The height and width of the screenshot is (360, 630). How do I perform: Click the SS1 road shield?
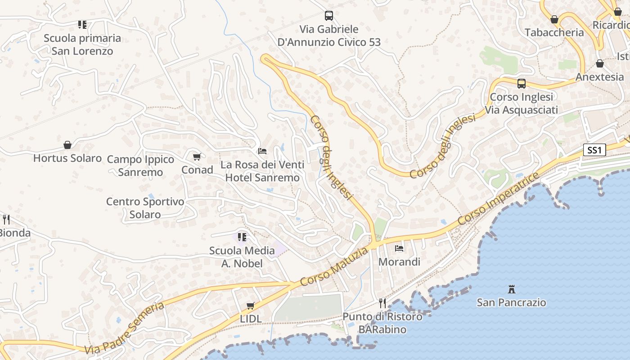pyautogui.click(x=594, y=150)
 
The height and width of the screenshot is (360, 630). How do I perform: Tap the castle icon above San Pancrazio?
pyautogui.click(x=511, y=289)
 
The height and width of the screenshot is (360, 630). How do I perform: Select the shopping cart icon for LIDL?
pyautogui.click(x=251, y=306)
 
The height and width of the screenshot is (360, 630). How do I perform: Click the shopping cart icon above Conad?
pyautogui.click(x=197, y=157)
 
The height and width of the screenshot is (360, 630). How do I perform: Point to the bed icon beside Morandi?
pyautogui.click(x=399, y=248)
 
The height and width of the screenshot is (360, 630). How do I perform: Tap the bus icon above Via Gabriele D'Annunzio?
pyautogui.click(x=329, y=16)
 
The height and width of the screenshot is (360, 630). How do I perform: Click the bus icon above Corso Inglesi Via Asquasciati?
pyautogui.click(x=521, y=84)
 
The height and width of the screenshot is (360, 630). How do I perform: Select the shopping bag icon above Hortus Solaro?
pyautogui.click(x=67, y=145)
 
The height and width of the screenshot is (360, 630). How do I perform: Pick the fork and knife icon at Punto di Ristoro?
pyautogui.click(x=382, y=303)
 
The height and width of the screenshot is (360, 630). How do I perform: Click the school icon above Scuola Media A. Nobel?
pyautogui.click(x=242, y=237)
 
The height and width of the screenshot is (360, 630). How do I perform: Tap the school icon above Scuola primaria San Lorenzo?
pyautogui.click(x=82, y=24)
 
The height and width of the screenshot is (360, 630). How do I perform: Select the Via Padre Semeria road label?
pyautogui.click(x=124, y=328)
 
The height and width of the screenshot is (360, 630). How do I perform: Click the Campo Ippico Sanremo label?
pyautogui.click(x=140, y=166)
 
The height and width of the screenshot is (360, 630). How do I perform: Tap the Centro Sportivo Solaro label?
pyautogui.click(x=145, y=208)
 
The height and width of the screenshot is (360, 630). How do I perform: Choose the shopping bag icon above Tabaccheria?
pyautogui.click(x=554, y=19)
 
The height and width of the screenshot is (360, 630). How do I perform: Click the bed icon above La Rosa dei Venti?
pyautogui.click(x=262, y=151)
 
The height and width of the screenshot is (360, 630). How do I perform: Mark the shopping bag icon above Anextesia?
pyautogui.click(x=599, y=64)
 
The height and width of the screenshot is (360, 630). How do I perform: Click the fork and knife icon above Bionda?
pyautogui.click(x=6, y=220)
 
